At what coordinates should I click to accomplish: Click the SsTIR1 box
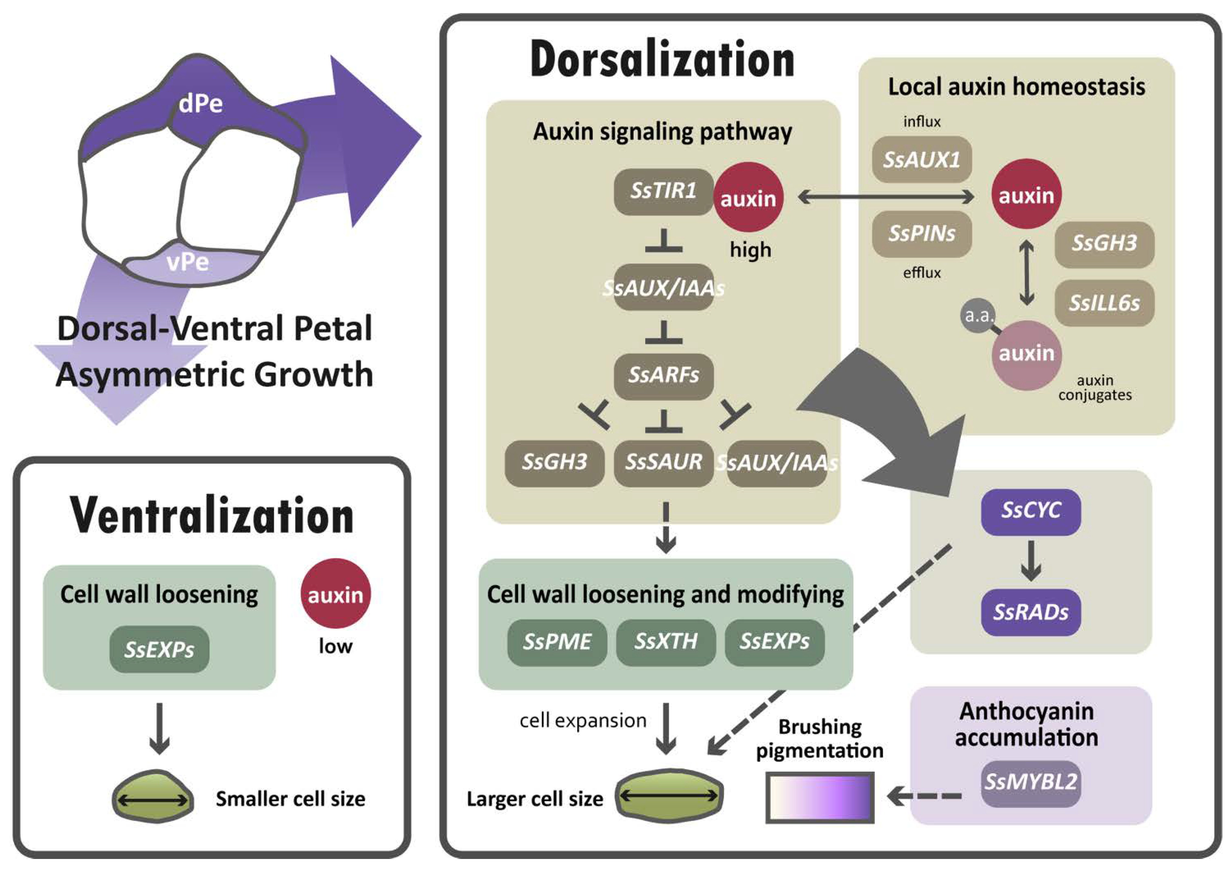pyautogui.click(x=664, y=191)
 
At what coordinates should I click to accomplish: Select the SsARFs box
pyautogui.click(x=664, y=376)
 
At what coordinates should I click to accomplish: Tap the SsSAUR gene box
pyautogui.click(x=664, y=463)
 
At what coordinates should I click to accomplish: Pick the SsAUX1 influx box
pyautogui.click(x=922, y=160)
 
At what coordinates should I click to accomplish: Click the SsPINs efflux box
pyautogui.click(x=922, y=234)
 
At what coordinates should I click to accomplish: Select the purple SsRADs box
pyautogui.click(x=1031, y=612)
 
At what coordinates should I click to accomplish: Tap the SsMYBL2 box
pyautogui.click(x=1031, y=784)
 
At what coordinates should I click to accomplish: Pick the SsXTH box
pyautogui.click(x=666, y=643)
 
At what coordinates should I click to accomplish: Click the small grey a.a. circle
pyautogui.click(x=978, y=316)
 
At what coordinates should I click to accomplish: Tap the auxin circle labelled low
pyautogui.click(x=335, y=594)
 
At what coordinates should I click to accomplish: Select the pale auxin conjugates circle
pyautogui.click(x=1027, y=355)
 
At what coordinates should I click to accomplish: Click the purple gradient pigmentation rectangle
pyautogui.click(x=820, y=798)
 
